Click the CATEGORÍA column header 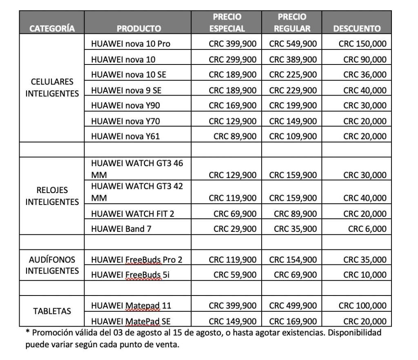tap(52, 29)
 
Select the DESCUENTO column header tap(357, 29)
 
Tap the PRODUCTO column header tap(139, 29)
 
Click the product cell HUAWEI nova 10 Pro tap(131, 44)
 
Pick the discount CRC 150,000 tap(362, 44)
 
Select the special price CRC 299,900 tap(233, 59)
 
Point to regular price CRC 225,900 tap(293, 75)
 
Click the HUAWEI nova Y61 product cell tap(126, 136)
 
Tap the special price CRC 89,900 tap(235, 136)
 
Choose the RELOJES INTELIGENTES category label tap(52, 196)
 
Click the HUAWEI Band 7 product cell tap(121, 229)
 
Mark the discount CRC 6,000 tap(367, 229)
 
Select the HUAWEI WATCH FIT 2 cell tap(136, 213)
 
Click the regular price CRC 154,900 tap(293, 260)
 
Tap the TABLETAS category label tap(52, 311)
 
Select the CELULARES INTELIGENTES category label tap(52, 87)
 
